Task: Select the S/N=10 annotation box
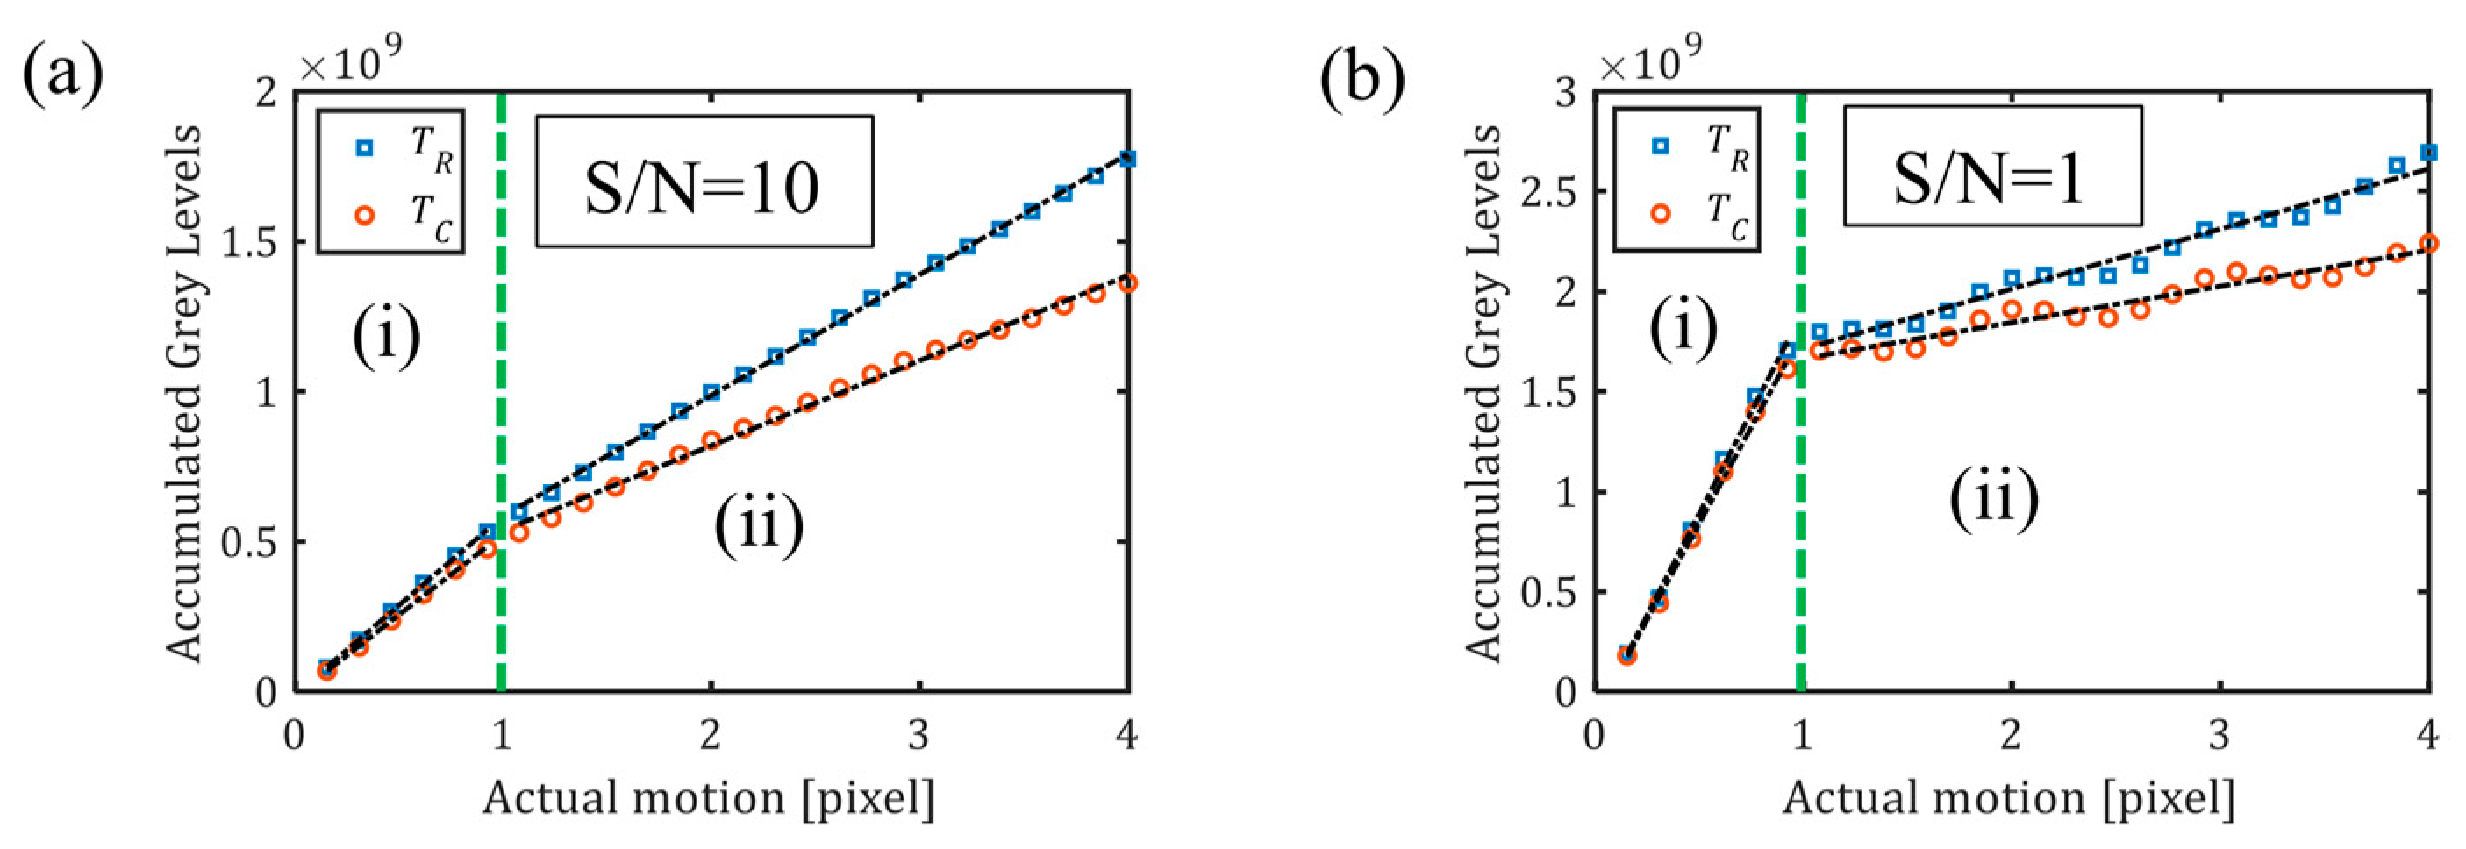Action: (x=704, y=182)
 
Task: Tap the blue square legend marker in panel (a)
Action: (x=364, y=148)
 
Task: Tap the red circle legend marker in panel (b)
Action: (x=1661, y=213)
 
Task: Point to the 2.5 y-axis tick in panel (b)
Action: (x=1546, y=191)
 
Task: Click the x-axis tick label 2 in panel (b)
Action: (x=2011, y=735)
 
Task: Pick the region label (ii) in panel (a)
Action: (x=759, y=525)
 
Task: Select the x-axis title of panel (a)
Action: (x=709, y=797)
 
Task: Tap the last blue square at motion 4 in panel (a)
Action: (x=1127, y=159)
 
